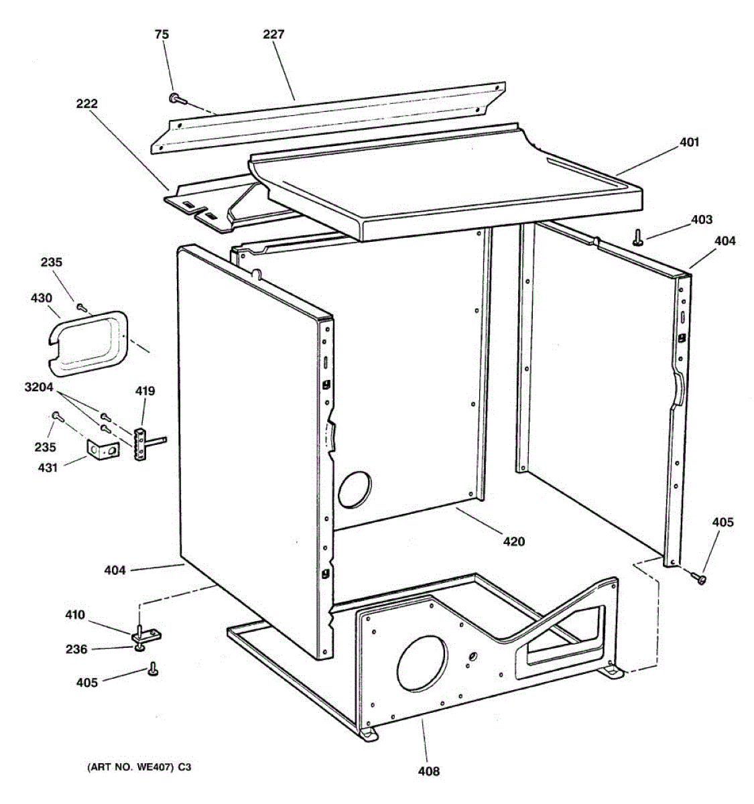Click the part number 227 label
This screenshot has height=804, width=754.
point(273,34)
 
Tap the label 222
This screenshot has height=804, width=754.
point(87,104)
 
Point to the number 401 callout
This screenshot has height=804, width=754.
point(689,142)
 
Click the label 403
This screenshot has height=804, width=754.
point(702,219)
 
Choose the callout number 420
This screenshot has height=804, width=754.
point(513,541)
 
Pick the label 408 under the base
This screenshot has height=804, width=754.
point(429,771)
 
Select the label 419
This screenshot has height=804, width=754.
point(145,391)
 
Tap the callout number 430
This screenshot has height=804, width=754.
point(41,297)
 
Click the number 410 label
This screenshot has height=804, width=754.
point(74,614)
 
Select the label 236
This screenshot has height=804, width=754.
point(76,649)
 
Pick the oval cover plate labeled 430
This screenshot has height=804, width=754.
point(88,338)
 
